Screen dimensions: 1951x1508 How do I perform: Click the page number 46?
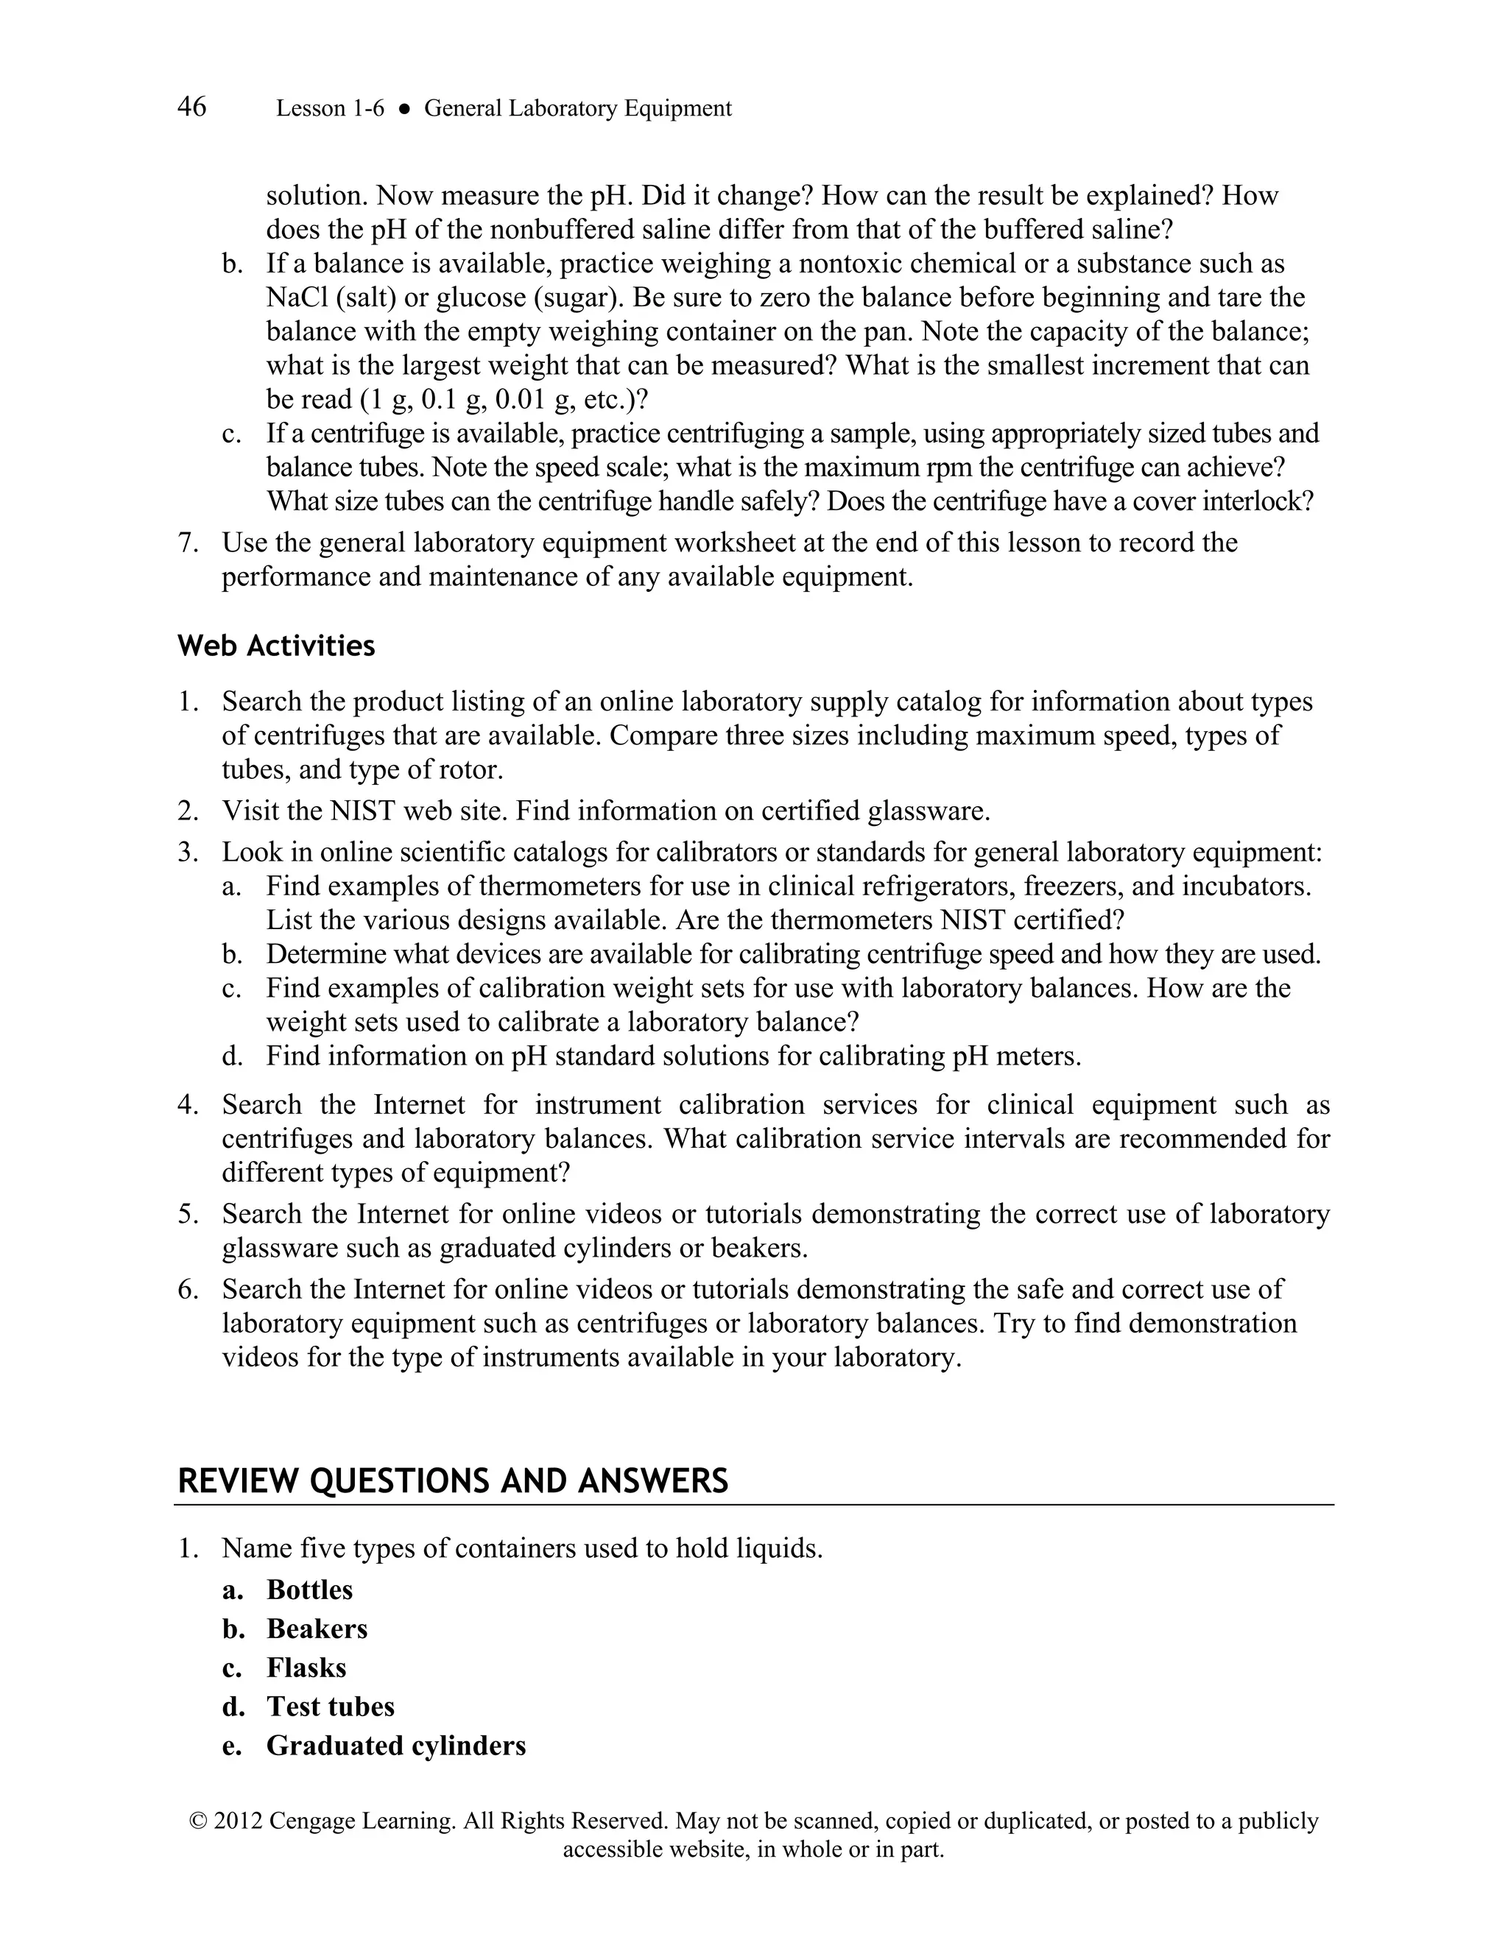click(192, 107)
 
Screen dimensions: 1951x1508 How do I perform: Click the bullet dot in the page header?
click(404, 109)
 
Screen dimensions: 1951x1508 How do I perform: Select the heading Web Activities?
click(276, 646)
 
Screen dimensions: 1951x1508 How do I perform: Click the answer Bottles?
click(309, 1590)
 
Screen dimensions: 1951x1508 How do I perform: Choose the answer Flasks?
click(306, 1668)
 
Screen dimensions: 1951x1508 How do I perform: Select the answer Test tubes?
click(331, 1707)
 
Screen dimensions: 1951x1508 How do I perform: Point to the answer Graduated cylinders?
click(395, 1746)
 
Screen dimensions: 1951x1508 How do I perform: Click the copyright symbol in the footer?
click(197, 1821)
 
